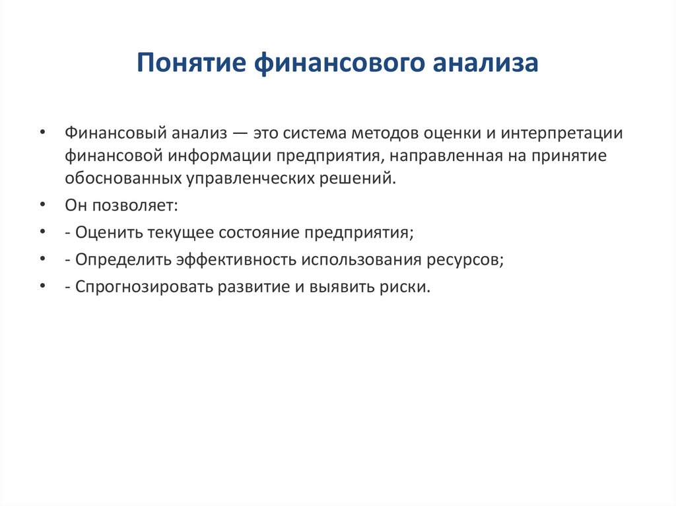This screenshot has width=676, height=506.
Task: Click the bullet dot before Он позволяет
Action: click(x=42, y=205)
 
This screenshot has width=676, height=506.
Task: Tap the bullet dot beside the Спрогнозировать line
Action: click(x=42, y=288)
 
